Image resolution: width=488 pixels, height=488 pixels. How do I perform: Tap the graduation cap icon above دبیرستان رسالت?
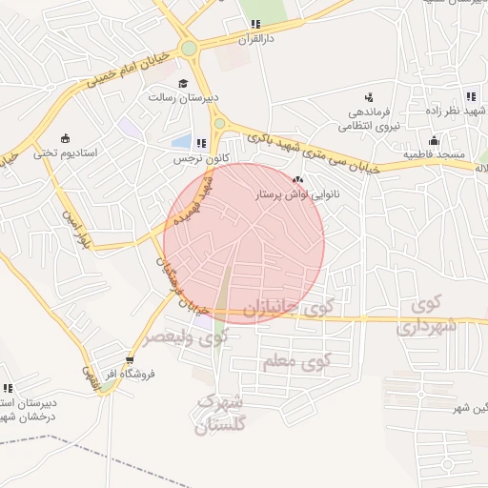pos(181,83)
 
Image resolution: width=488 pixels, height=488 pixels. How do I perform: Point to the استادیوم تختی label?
pos(66,152)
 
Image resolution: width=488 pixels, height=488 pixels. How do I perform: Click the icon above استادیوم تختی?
pos(65,137)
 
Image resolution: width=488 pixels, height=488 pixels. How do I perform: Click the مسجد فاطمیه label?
pos(433,153)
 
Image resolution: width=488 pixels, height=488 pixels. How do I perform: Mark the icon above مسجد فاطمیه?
pos(434,140)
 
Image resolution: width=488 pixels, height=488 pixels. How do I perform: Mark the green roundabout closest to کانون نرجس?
pos(220,124)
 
